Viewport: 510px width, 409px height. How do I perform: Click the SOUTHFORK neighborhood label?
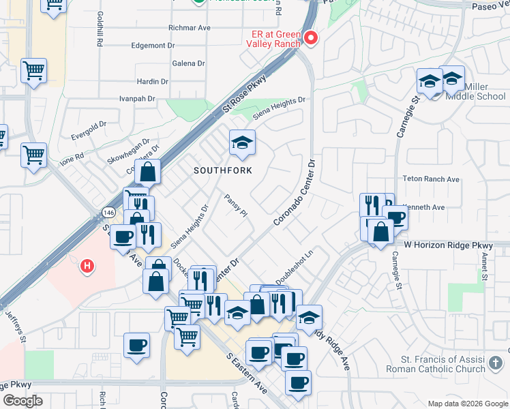pos(223,170)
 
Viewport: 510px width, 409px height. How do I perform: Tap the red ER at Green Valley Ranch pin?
pos(311,38)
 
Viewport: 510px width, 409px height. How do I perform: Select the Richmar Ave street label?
pos(190,28)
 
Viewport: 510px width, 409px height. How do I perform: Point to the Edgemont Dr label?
pos(153,46)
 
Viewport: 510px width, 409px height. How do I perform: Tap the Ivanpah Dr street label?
pos(134,99)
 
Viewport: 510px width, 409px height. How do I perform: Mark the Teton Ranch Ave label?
pos(433,179)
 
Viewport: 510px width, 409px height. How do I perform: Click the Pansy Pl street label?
pos(235,204)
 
